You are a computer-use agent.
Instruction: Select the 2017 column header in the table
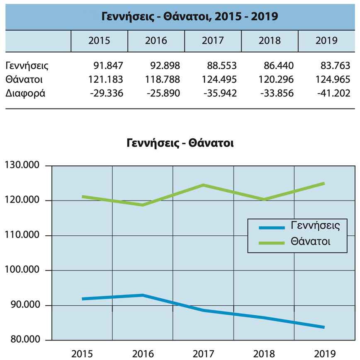pyautogui.click(x=213, y=41)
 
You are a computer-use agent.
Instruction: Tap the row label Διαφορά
pyautogui.click(x=25, y=93)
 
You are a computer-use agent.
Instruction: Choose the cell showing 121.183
pyautogui.click(x=106, y=79)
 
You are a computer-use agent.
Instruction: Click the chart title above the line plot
pyautogui.click(x=180, y=144)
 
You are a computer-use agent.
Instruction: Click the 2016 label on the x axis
pyautogui.click(x=143, y=354)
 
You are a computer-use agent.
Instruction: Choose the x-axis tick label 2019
pyautogui.click(x=325, y=354)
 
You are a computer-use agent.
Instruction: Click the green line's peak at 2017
pyautogui.click(x=203, y=185)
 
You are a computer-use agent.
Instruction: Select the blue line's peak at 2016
pyautogui.click(x=143, y=295)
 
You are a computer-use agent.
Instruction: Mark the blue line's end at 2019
pyautogui.click(x=324, y=327)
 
